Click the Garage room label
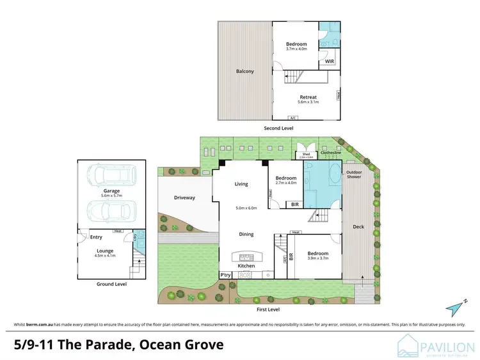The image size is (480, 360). click(112, 191)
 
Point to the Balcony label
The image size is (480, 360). click(244, 71)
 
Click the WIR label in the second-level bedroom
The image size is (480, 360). click(329, 62)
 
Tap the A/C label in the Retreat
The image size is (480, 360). click(293, 118)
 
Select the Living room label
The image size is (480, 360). click(241, 184)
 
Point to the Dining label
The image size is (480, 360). click(246, 234)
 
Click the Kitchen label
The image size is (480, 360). click(246, 265)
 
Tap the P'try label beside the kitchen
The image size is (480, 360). click(225, 274)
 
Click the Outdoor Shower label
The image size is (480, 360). click(355, 175)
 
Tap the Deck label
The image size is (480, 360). click(358, 227)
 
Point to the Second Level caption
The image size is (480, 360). click(278, 129)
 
